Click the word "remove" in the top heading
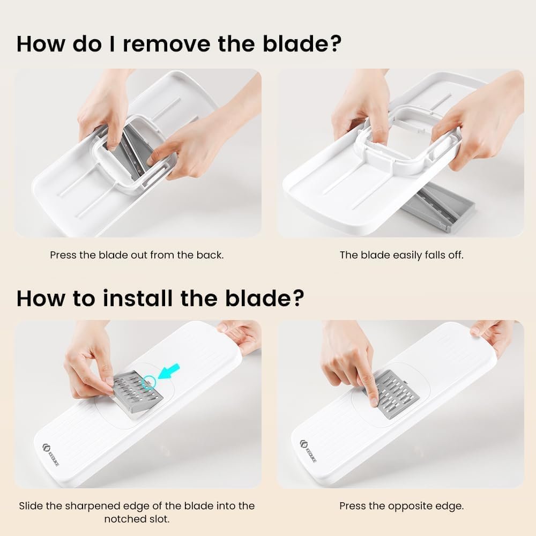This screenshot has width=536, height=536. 167,44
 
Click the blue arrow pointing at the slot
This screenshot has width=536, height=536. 169,371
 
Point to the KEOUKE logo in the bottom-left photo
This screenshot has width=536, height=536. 50,453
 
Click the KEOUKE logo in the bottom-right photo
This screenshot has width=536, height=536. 308,451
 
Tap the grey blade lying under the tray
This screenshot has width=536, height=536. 438,207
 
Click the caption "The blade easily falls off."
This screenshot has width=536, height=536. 401,255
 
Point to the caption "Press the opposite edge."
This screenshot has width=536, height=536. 401,506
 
